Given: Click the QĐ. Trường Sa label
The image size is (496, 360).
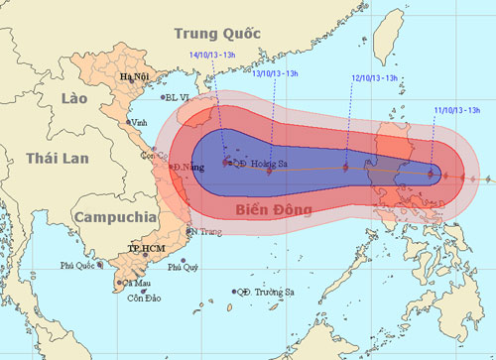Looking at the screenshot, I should point(265,293).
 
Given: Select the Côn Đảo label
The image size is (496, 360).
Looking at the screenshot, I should point(143,298).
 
